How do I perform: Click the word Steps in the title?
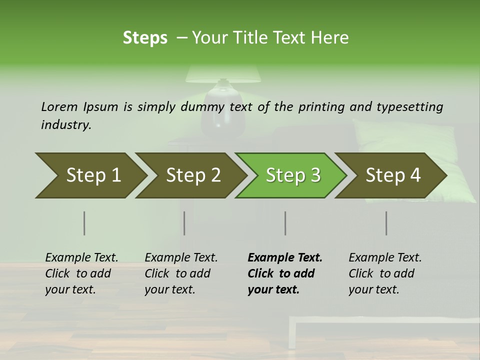145,38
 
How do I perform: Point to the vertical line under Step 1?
84,223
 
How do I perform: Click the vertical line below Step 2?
184,223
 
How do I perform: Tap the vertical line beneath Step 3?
285,223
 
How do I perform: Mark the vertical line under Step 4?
386,223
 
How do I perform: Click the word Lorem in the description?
59,106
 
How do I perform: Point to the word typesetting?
409,107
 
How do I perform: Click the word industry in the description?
66,125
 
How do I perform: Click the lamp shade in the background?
223,74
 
